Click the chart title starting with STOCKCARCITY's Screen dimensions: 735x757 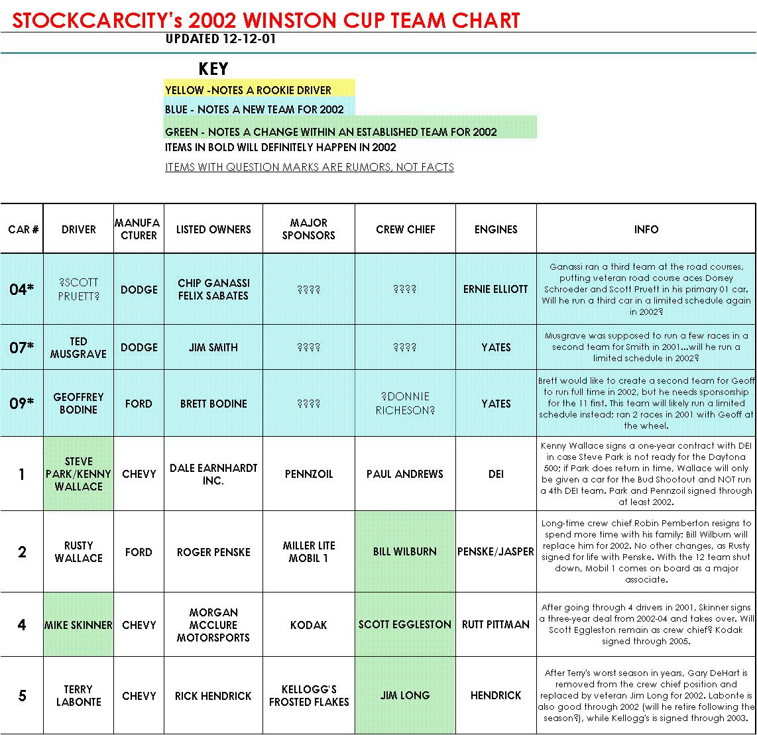pos(266,20)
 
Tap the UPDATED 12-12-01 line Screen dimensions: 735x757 pos(221,38)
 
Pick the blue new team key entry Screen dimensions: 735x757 pos(255,109)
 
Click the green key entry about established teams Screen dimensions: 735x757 pos(331,131)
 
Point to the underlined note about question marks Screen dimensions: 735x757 pos(310,167)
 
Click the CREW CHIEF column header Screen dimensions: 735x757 pos(405,229)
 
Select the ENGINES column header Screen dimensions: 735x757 pos(496,229)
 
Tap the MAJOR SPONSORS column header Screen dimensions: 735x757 pos(309,229)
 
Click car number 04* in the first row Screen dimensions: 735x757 pos(22,290)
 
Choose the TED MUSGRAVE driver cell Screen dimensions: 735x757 pos(78,347)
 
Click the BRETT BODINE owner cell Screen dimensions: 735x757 pos(213,404)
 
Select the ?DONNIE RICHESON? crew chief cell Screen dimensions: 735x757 pos(405,404)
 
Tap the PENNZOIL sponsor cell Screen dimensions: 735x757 pos(309,474)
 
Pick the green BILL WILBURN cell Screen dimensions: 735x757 pos(405,551)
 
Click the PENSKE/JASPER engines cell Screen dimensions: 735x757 pos(496,551)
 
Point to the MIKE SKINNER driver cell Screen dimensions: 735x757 pos(78,625)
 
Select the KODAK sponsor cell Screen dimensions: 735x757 pos(309,625)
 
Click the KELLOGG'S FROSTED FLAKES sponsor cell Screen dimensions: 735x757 pos(309,695)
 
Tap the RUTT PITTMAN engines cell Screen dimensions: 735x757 pos(496,625)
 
